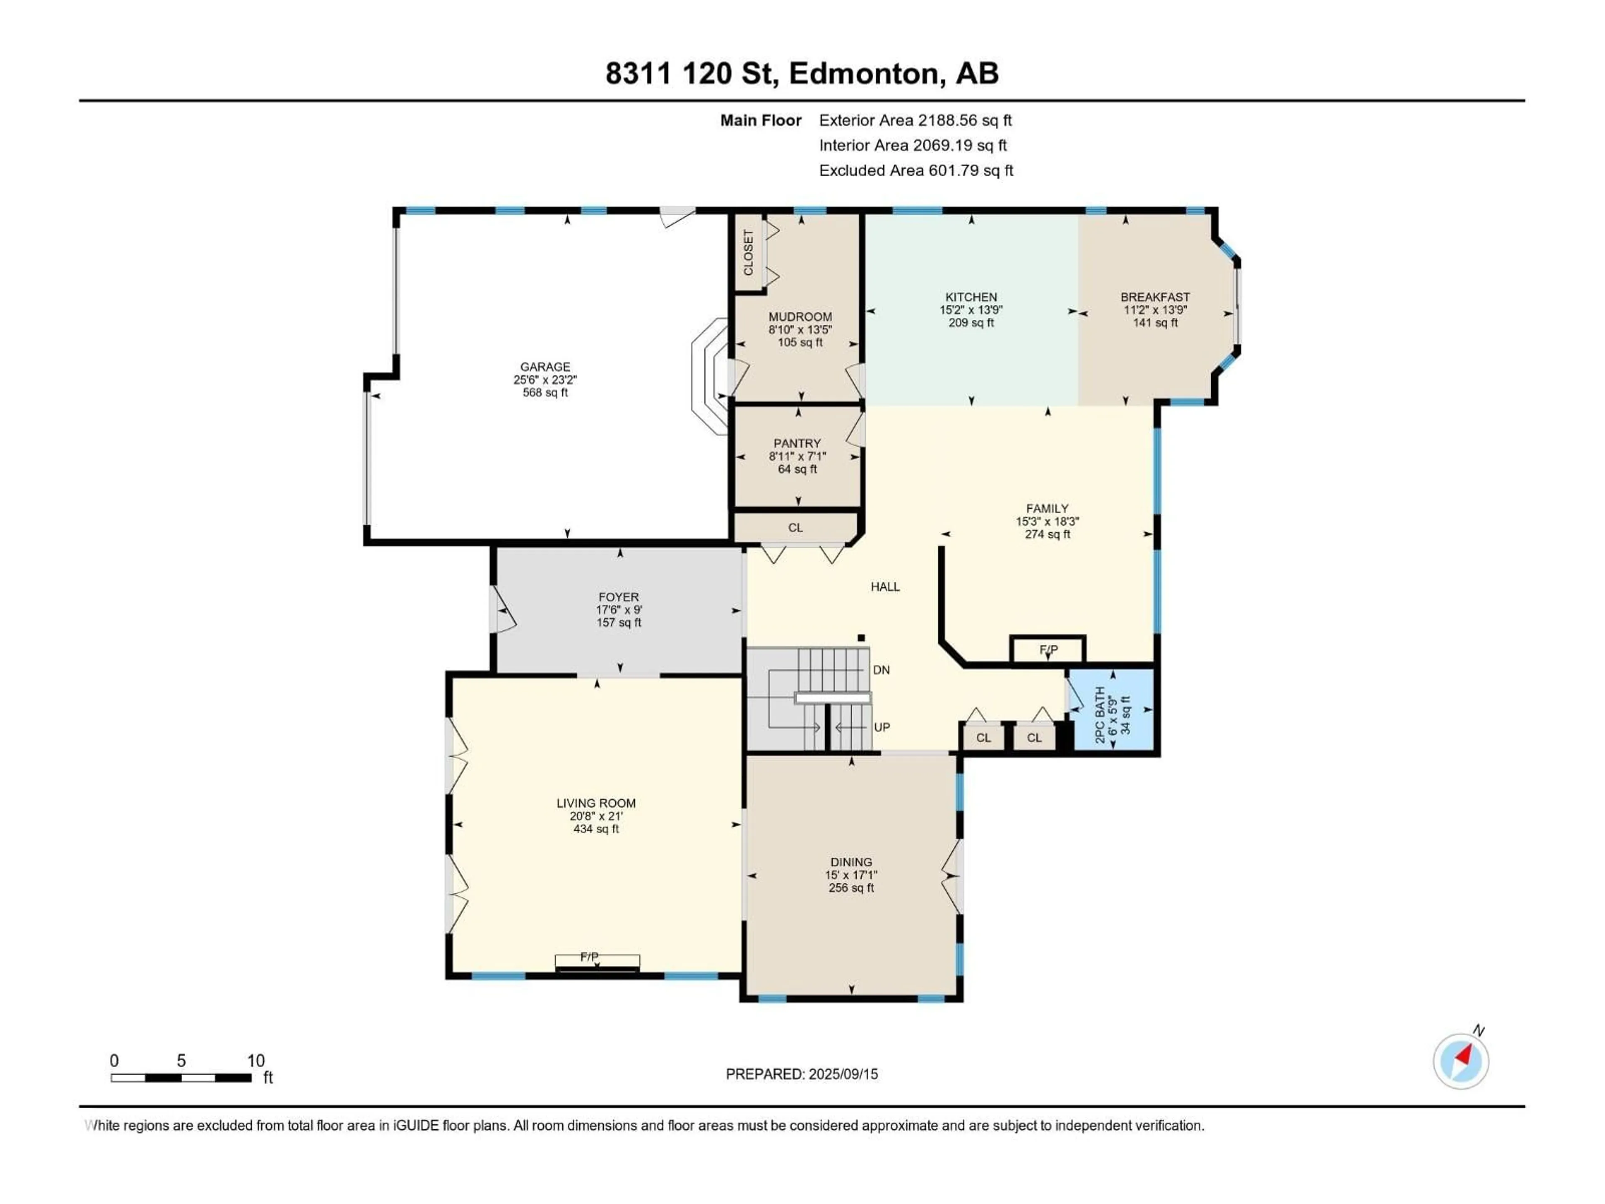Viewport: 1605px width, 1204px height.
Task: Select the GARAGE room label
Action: [545, 367]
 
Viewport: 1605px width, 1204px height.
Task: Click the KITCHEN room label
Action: [971, 297]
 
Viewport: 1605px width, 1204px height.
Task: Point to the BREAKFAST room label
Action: [1155, 297]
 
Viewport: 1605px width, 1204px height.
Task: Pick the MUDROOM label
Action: [800, 317]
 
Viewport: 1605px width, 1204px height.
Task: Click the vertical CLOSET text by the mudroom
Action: [748, 253]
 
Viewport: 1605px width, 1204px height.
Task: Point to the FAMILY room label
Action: [1047, 509]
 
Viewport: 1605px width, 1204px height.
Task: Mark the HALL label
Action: [885, 587]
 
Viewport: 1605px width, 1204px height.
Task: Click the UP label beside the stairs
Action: [881, 727]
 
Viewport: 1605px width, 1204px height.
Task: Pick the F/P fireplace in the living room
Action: [597, 962]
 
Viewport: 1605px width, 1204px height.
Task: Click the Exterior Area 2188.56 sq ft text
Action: [915, 120]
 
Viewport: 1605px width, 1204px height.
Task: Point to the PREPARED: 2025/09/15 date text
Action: [802, 1074]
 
